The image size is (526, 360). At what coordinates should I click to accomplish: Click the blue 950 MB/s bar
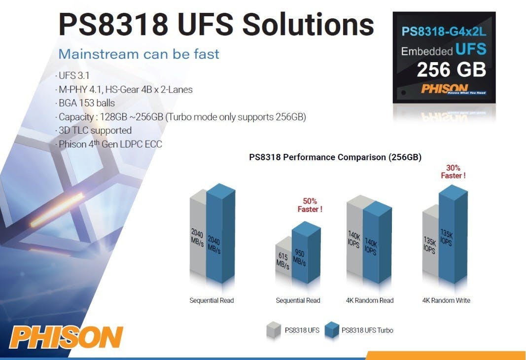click(306, 252)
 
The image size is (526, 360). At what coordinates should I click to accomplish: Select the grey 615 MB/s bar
click(283, 258)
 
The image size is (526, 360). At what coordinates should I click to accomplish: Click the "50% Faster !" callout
click(310, 205)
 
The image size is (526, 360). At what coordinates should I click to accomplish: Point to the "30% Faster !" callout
click(453, 172)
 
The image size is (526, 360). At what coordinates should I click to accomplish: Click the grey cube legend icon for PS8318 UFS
click(274, 329)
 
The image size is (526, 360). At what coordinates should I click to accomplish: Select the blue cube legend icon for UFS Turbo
click(331, 329)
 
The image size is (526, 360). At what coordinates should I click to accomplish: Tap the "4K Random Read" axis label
click(370, 300)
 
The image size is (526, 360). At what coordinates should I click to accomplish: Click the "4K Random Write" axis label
click(446, 300)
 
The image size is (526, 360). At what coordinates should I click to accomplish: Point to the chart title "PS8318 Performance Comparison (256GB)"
click(335, 157)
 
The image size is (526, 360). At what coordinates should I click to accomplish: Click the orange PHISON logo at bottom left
click(66, 337)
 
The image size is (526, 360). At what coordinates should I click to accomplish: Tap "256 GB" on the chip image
click(451, 70)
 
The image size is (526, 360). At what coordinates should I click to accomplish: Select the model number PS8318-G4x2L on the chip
click(444, 32)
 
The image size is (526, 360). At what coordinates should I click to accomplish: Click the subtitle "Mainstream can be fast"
click(139, 54)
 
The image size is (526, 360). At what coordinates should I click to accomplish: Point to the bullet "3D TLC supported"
click(93, 130)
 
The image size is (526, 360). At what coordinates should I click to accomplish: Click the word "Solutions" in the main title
click(308, 24)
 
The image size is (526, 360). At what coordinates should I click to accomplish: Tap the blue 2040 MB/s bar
click(221, 234)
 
